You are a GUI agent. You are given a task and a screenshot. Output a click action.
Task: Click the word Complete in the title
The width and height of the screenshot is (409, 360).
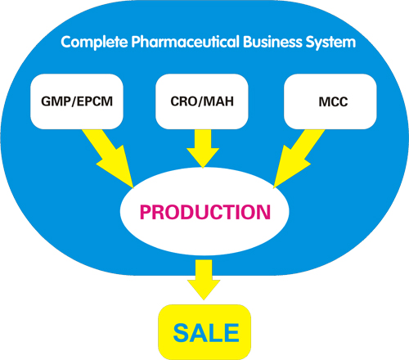coord(94,43)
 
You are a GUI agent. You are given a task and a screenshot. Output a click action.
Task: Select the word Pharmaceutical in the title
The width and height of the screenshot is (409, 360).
coord(186,42)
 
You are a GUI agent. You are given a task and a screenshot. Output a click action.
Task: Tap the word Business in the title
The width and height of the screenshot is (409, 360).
coord(272,42)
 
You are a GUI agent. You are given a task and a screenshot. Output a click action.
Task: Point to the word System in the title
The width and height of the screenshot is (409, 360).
coord(330,43)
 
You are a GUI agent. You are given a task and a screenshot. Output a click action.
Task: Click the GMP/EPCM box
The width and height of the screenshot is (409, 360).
coord(77,101)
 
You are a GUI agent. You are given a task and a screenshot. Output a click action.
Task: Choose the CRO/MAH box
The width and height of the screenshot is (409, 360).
coord(202,101)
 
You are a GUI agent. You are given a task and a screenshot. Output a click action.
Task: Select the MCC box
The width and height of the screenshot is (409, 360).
coord(330,101)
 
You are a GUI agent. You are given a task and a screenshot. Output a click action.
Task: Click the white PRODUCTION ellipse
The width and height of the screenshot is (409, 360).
coord(204,211)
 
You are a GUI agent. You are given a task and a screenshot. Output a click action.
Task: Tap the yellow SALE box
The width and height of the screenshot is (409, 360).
coord(204,332)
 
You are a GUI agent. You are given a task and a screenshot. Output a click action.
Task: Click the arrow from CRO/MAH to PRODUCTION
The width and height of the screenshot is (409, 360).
coord(203,149)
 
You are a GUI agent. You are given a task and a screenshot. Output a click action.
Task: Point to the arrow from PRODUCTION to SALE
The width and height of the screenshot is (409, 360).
coord(204,280)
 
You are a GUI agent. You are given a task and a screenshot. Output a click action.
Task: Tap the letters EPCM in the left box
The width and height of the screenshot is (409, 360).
coord(95,101)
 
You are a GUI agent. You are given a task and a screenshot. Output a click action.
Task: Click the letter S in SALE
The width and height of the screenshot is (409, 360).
coord(182,333)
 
